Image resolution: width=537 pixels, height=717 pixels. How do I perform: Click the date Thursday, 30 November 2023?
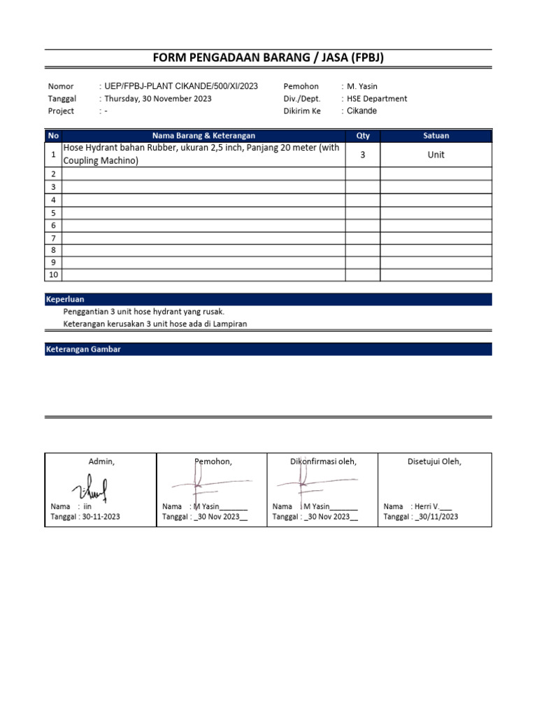pos(158,99)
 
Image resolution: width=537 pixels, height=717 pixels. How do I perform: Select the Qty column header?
pos(363,136)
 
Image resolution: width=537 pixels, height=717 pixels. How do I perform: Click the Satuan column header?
pos(436,136)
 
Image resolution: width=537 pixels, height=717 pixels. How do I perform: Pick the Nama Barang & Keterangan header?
pos(204,136)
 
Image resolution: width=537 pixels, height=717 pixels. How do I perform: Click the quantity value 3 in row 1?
pos(363,155)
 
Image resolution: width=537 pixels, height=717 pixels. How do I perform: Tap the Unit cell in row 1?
pos(436,155)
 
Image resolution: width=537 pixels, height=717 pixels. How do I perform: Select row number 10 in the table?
pos(54,274)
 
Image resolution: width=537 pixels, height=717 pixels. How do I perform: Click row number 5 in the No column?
pos(54,212)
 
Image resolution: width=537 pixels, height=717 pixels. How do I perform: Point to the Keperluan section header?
pos(65,299)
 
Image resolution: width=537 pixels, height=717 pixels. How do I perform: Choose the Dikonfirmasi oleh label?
pos(323,461)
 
